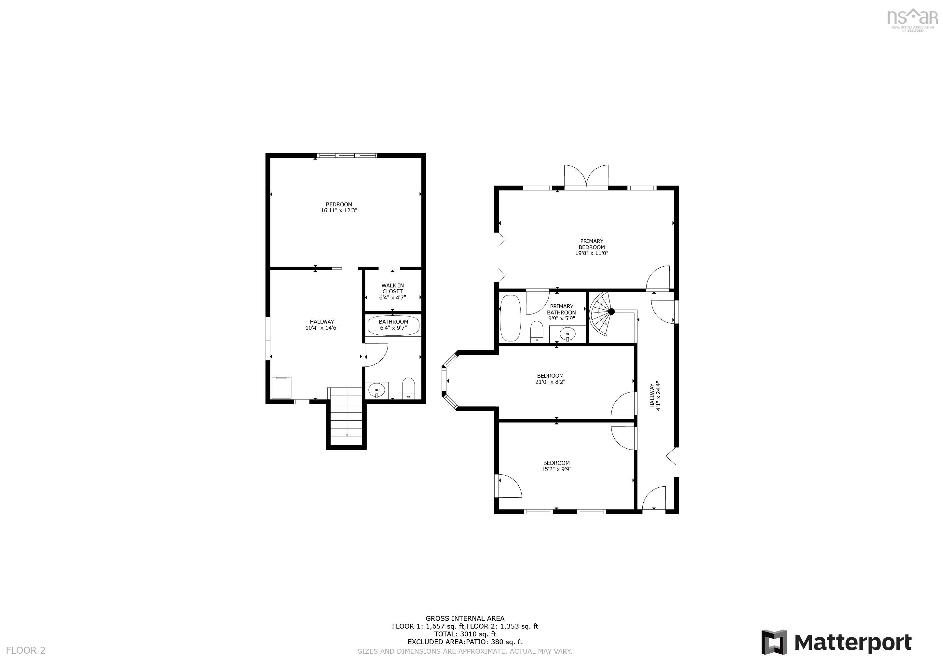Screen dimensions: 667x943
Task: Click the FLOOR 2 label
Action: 25,650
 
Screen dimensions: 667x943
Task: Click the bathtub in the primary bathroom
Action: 510,318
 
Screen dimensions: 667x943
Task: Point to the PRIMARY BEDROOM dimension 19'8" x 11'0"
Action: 592,253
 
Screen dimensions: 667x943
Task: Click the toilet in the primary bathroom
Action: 536,332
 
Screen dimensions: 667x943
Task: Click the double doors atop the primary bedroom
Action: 586,177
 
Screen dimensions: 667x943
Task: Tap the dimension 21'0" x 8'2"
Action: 550,382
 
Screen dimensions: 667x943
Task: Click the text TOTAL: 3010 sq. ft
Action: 465,634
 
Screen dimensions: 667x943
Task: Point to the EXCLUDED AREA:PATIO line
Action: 465,642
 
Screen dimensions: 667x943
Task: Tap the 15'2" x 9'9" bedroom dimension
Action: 556,469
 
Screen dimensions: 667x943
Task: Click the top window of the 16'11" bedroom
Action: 347,155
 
